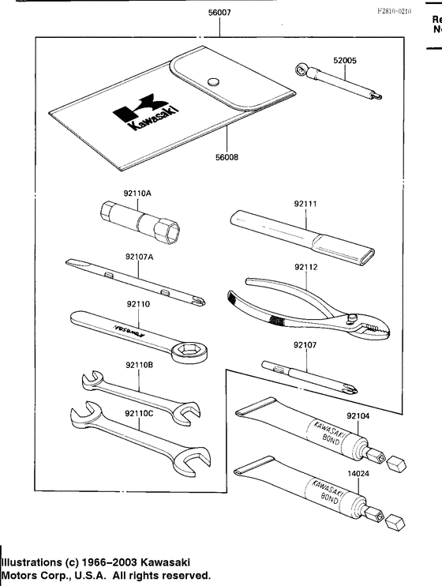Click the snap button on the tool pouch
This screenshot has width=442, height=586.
click(x=212, y=80)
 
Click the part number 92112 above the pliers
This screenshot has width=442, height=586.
click(x=308, y=267)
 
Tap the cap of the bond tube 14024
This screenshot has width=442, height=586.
click(x=396, y=522)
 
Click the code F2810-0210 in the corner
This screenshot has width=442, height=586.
click(x=395, y=13)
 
